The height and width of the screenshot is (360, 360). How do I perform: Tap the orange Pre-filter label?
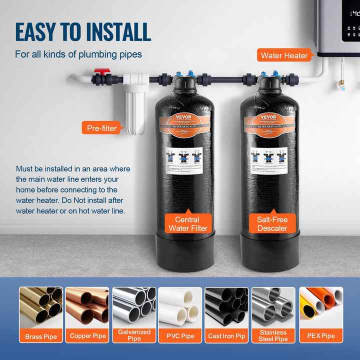pyautogui.click(x=101, y=128)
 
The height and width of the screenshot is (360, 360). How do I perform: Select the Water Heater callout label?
pyautogui.click(x=284, y=55)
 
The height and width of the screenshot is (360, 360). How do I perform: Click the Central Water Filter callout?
pyautogui.click(x=187, y=223)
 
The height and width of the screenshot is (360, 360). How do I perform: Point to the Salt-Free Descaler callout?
pyautogui.click(x=272, y=223)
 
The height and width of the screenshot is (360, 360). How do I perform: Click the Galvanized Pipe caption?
pyautogui.click(x=134, y=335)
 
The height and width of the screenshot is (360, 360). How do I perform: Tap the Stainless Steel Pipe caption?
pyautogui.click(x=273, y=335)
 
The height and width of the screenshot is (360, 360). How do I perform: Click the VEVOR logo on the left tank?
pyautogui.click(x=184, y=117)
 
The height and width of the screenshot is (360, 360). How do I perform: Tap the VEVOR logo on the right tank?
pyautogui.click(x=268, y=117)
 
